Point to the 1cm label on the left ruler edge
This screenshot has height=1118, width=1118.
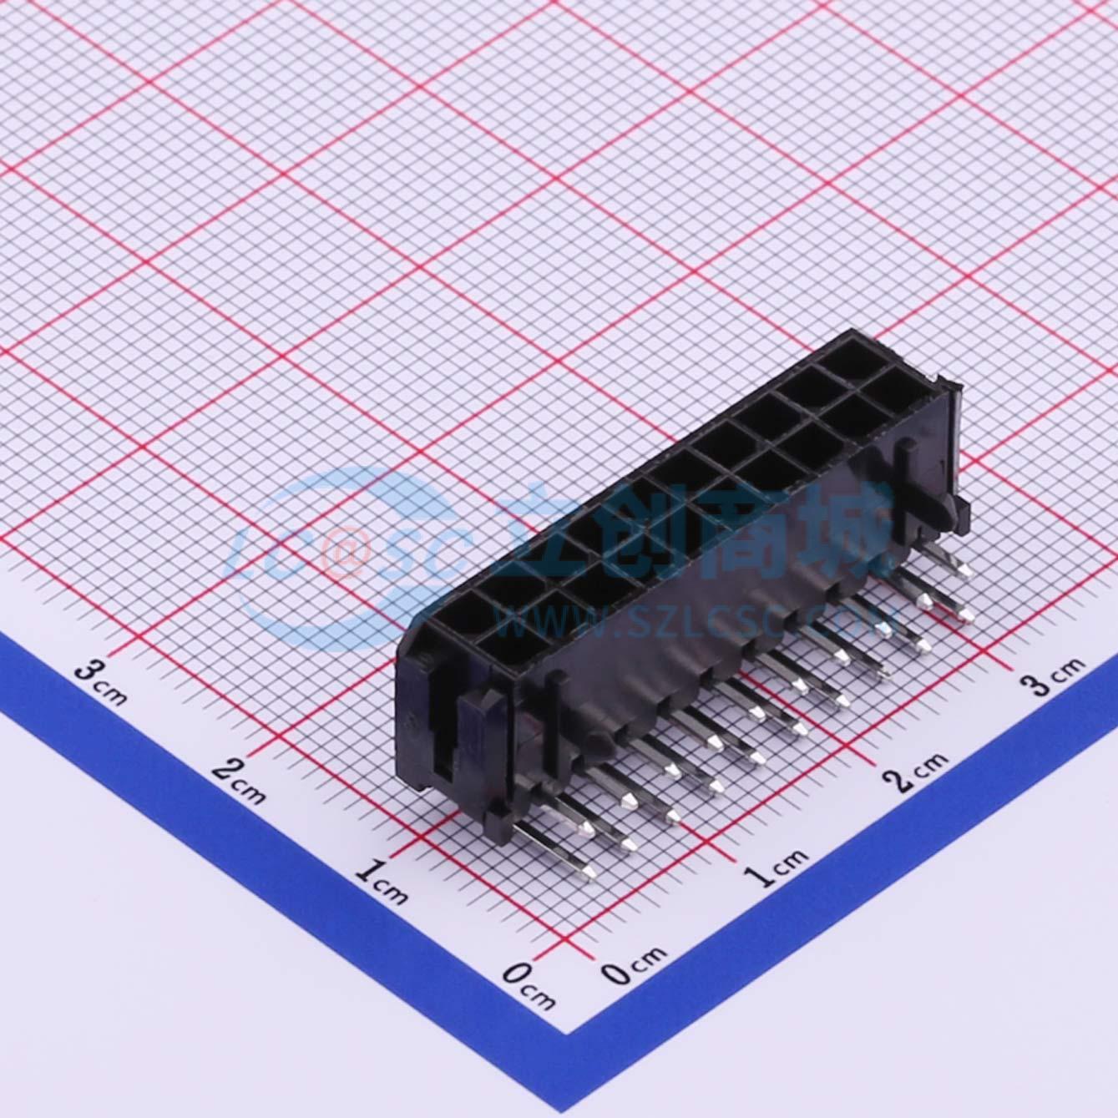[381, 884]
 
